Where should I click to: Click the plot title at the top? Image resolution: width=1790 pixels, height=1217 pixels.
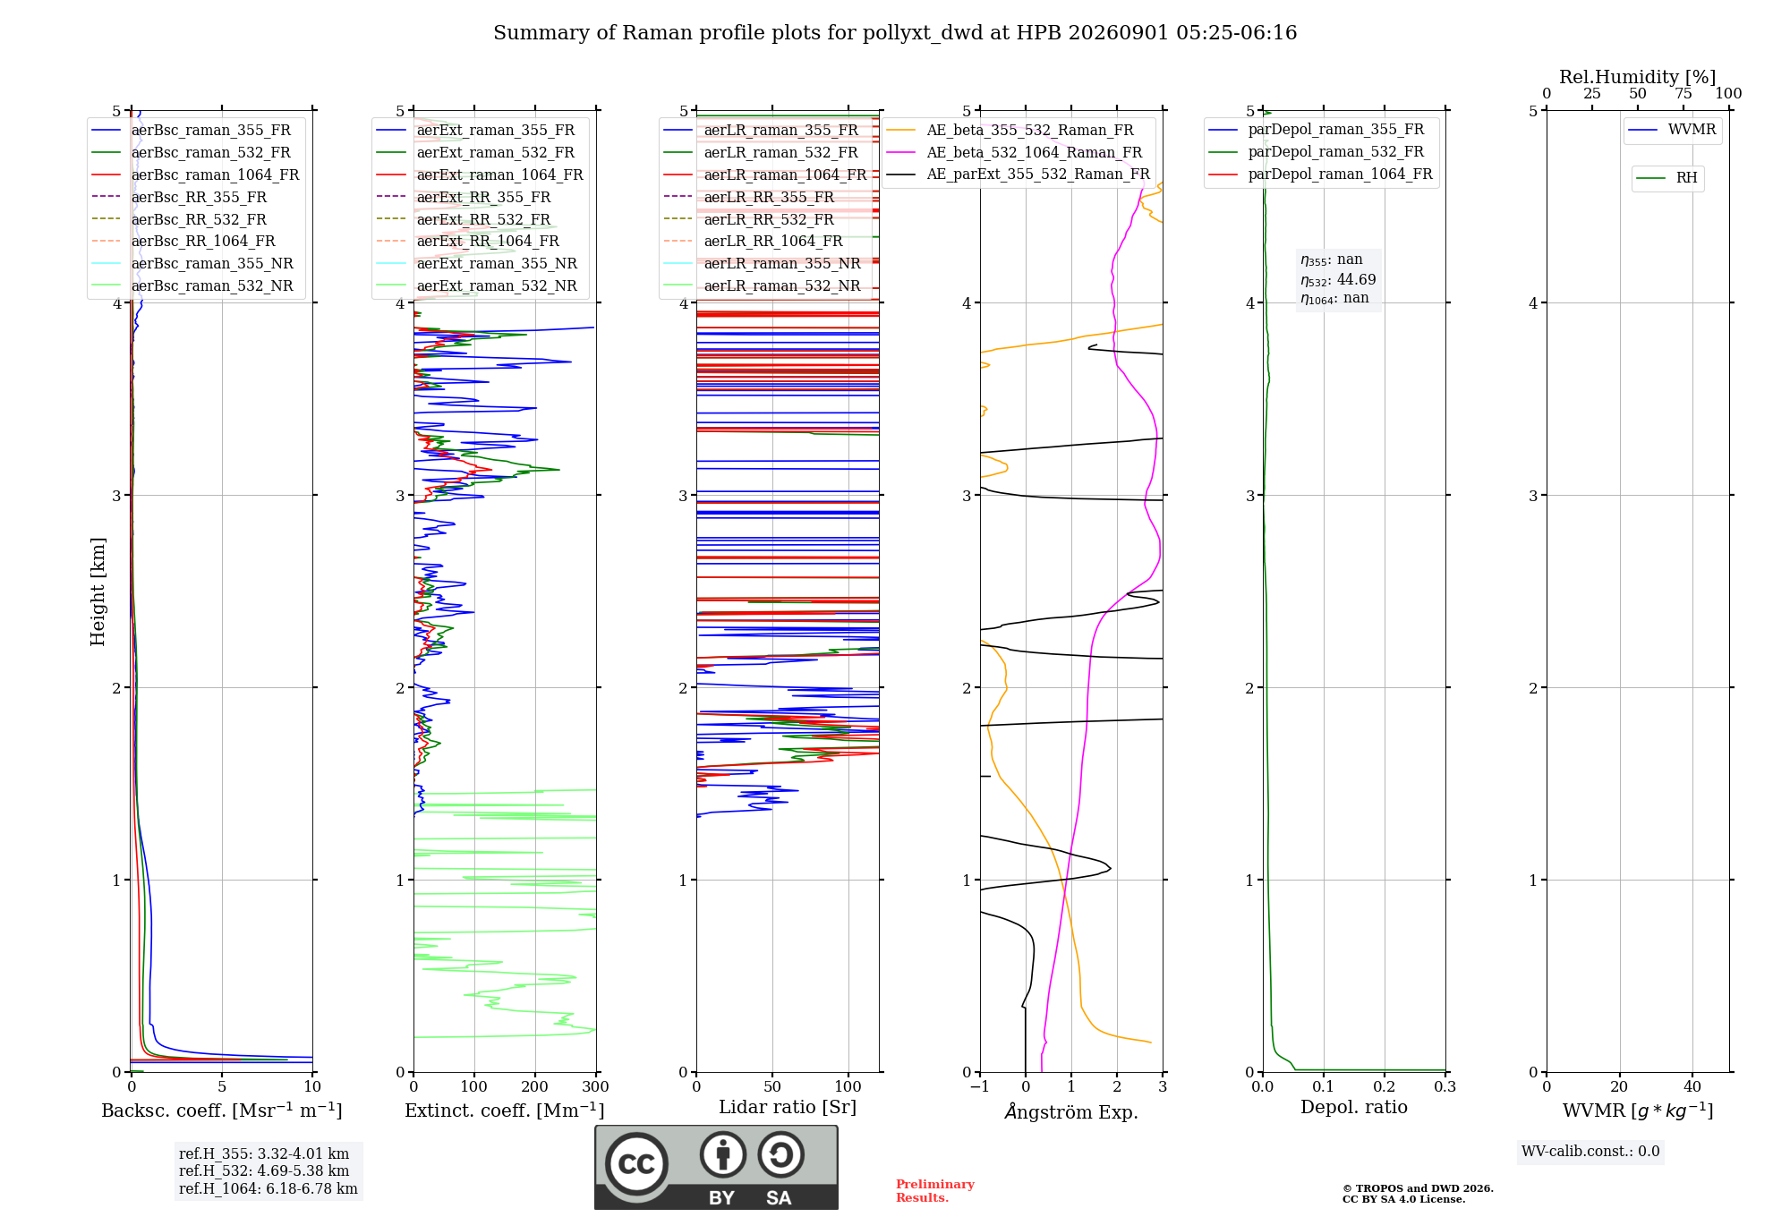point(895,33)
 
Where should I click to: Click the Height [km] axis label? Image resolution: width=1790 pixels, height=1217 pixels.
point(98,591)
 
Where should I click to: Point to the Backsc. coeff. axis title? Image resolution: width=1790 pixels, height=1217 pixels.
point(222,1111)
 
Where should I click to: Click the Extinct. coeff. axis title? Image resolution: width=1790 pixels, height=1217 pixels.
point(505,1111)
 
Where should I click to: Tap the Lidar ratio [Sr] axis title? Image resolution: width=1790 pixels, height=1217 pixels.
point(788,1107)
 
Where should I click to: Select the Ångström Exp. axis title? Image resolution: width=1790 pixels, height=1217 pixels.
point(1071,1111)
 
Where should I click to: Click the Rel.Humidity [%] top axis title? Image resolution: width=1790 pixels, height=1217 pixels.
point(1638,77)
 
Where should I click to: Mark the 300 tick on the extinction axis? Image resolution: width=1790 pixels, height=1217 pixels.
point(596,1086)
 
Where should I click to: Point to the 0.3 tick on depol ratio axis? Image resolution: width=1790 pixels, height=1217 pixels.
point(1445,1086)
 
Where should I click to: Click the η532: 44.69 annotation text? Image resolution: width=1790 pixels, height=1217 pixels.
point(1338,280)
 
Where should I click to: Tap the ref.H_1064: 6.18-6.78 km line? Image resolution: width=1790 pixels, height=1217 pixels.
point(268,1189)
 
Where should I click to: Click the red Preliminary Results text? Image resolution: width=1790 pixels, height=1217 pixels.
point(935,1191)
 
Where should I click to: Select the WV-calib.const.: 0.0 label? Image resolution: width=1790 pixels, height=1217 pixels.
point(1590,1152)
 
